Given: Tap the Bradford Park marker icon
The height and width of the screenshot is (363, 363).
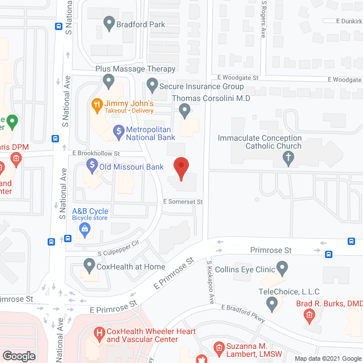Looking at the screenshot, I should click(109, 24).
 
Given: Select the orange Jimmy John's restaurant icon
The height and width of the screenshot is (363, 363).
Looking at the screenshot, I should click(97, 104).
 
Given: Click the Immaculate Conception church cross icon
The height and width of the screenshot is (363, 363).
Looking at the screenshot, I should click(288, 157).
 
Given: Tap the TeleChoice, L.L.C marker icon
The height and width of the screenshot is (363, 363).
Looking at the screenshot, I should click(273, 305).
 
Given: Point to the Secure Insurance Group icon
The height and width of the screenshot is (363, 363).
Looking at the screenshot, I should click(151, 86).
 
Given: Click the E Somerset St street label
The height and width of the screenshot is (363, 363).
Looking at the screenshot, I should click(183, 201).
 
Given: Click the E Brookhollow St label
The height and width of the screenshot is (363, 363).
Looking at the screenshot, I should click(96, 154).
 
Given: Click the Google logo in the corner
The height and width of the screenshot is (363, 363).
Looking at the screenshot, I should click(19, 356).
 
